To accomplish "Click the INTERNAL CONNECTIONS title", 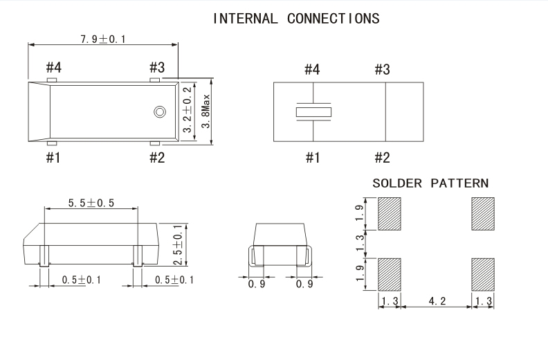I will (296, 19).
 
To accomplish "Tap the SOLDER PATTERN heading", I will (430, 184).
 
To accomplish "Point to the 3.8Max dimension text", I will (205, 111).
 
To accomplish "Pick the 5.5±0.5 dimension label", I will (91, 204).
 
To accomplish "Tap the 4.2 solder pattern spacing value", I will (437, 302).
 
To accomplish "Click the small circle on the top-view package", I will (159, 111).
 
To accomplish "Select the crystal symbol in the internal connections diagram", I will (313, 111).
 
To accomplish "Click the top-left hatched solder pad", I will (390, 214).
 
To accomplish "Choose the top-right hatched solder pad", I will (483, 214).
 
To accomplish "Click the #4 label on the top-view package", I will (54, 67).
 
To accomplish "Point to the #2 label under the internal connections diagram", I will (382, 158).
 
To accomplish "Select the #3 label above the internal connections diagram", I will (382, 69).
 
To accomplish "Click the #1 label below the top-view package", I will (53, 158).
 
